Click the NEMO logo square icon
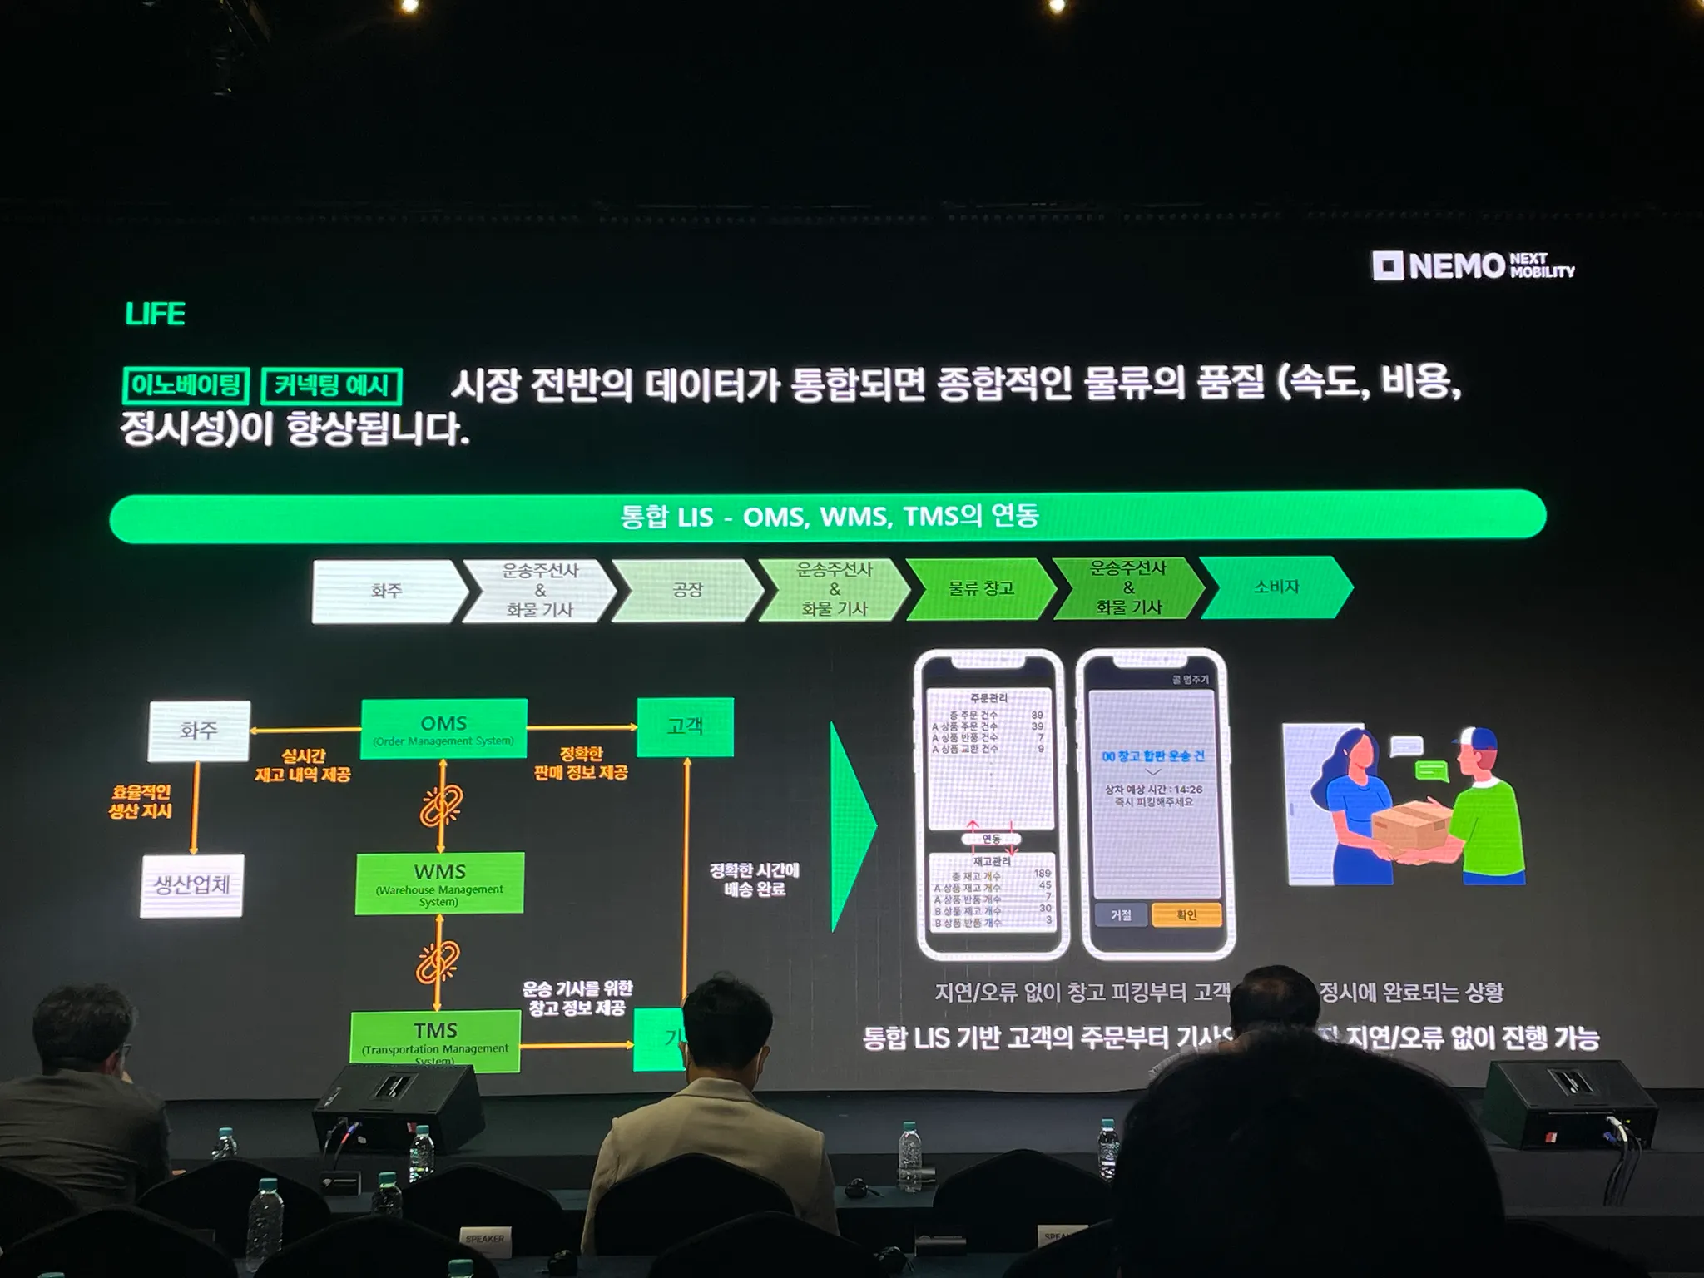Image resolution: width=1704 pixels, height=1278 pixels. (x=1388, y=266)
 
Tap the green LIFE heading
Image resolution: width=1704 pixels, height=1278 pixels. (x=155, y=315)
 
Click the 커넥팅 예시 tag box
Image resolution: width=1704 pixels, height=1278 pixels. (x=332, y=386)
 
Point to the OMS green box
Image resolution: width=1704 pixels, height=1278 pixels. (x=443, y=729)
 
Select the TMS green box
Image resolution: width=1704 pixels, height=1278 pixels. (x=435, y=1041)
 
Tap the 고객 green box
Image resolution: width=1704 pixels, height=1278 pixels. (x=685, y=726)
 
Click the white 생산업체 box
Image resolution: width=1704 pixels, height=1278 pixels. (x=192, y=885)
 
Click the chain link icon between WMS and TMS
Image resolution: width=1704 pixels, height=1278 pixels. (x=438, y=963)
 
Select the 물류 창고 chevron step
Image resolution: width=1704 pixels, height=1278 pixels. (x=981, y=588)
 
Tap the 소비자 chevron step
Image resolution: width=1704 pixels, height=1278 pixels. (x=1276, y=587)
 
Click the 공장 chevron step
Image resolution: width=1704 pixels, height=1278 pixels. (x=687, y=590)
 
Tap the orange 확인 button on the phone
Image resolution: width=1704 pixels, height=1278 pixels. (x=1186, y=915)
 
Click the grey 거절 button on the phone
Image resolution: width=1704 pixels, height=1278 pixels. (x=1121, y=915)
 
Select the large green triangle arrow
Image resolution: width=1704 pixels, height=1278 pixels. (x=851, y=826)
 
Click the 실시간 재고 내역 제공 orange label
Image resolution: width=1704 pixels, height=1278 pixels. (x=303, y=765)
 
